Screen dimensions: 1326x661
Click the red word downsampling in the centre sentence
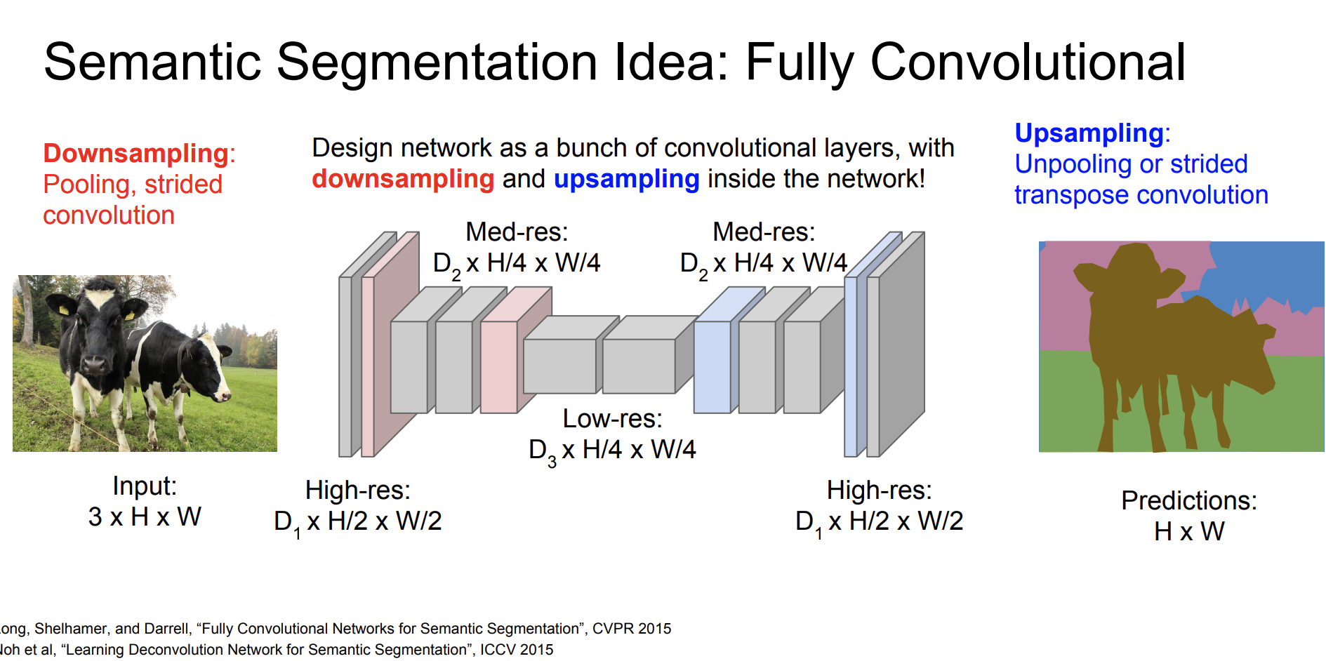403,180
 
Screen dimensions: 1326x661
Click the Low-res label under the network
612,418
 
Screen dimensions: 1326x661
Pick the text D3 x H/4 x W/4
612,450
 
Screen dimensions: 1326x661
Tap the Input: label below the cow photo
145,486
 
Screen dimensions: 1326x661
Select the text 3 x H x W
145,517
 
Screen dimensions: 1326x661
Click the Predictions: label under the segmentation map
1189,500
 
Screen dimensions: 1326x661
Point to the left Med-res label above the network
517,232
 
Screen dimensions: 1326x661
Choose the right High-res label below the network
879,490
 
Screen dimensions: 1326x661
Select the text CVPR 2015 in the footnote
632,629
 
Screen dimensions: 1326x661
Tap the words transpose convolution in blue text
1141,195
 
